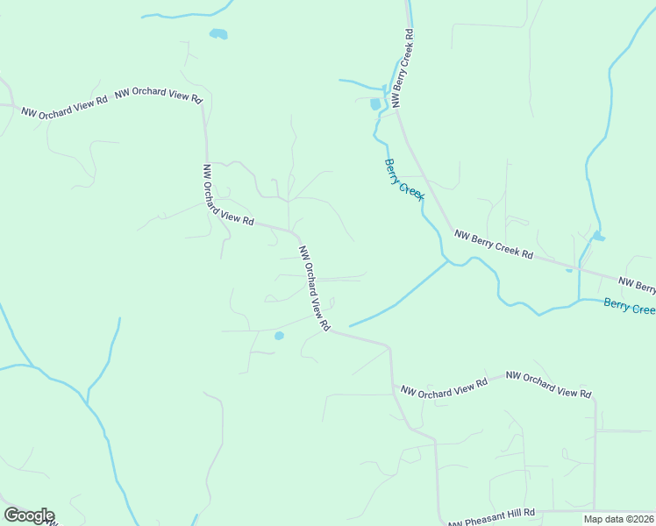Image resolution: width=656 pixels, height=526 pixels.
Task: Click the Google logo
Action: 29,515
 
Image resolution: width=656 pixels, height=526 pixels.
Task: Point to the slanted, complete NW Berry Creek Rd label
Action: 493,244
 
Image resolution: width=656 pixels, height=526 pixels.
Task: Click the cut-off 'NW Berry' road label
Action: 637,285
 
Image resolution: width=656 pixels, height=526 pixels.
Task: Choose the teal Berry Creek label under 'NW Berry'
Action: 629,306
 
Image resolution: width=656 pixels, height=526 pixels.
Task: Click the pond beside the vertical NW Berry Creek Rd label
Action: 376,103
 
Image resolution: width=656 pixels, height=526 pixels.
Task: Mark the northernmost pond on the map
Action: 218,34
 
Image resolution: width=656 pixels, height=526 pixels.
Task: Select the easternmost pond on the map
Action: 598,236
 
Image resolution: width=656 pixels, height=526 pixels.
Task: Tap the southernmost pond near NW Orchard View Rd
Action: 279,336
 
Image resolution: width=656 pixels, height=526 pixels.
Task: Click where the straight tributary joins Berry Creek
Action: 448,261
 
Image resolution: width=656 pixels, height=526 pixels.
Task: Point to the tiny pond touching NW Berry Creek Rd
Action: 569,270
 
